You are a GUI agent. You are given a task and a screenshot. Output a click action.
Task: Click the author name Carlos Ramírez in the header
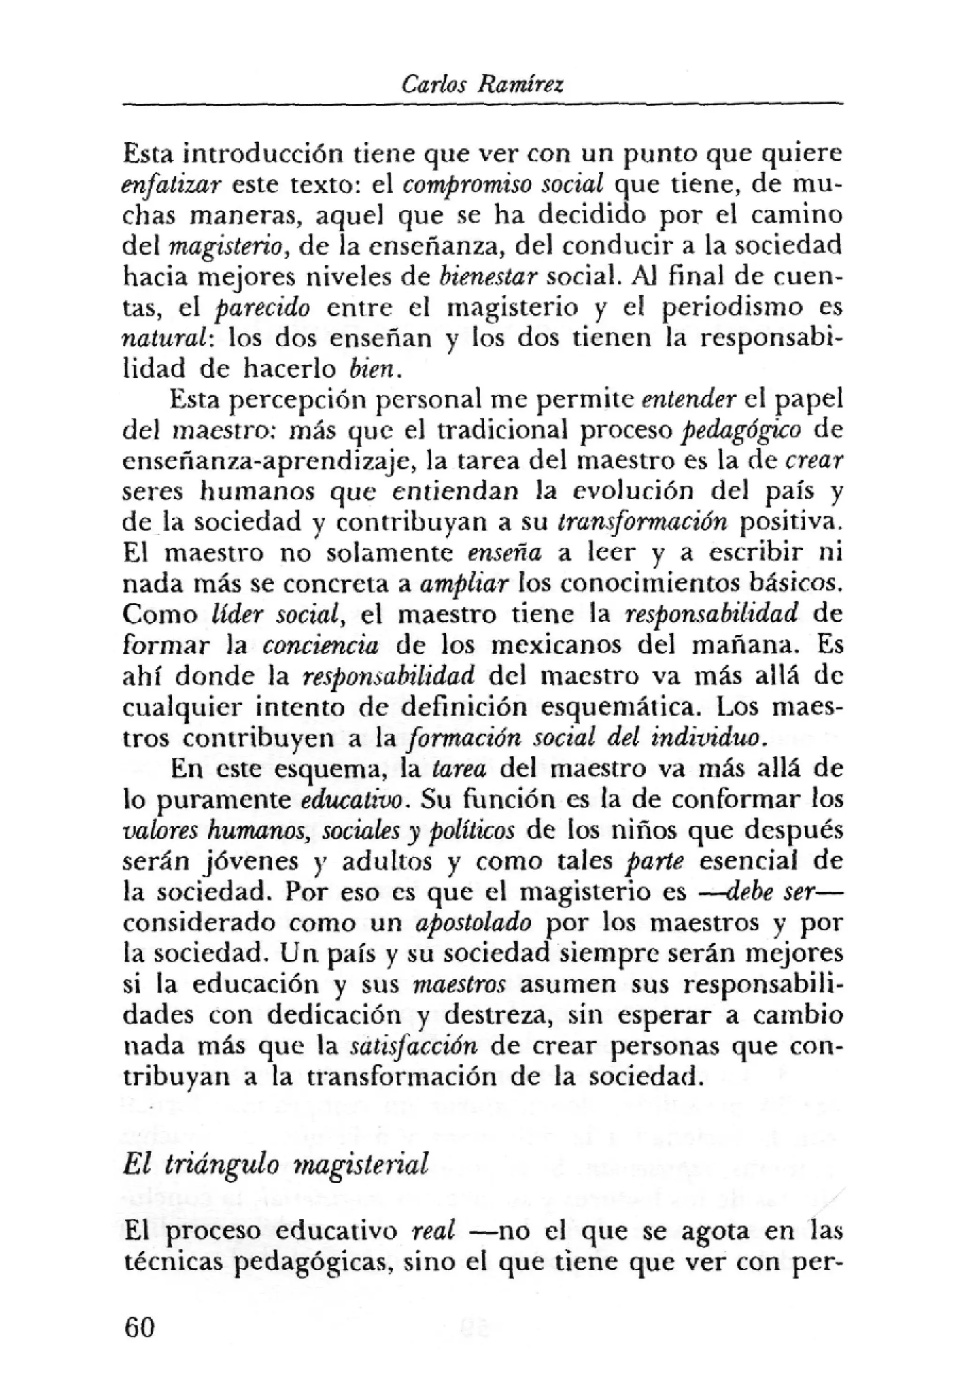click(x=482, y=85)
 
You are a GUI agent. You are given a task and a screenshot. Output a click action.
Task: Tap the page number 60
click(x=139, y=1310)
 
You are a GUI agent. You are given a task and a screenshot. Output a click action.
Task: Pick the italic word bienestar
click(x=487, y=277)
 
